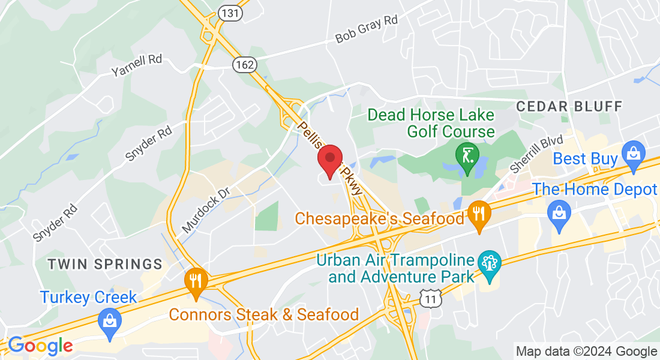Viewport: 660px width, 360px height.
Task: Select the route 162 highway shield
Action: tap(245, 64)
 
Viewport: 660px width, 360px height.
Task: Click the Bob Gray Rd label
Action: tap(367, 29)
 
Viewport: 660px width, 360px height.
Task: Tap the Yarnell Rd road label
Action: tap(137, 66)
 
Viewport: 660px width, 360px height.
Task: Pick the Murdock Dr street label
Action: tap(206, 209)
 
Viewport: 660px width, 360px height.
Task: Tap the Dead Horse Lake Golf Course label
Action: tap(431, 123)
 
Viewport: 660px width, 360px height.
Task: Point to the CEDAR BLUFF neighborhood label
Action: tap(569, 107)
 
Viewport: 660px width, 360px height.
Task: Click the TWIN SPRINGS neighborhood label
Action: tap(104, 264)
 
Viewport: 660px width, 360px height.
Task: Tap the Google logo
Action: tap(40, 346)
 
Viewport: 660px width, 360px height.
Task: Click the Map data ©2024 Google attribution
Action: tap(586, 352)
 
